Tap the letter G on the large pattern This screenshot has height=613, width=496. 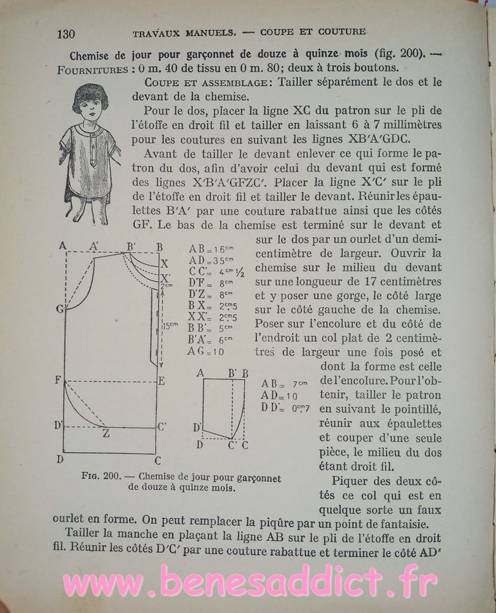(59, 309)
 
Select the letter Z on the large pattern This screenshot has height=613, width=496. (106, 433)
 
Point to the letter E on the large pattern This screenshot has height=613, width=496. (161, 381)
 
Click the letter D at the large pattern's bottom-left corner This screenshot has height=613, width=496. (59, 459)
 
